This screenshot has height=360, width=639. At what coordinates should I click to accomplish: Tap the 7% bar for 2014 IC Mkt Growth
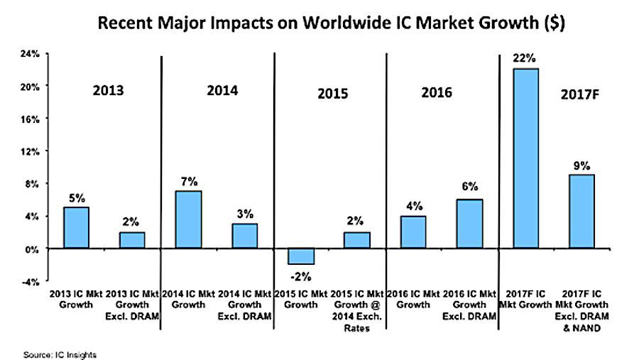[x=188, y=219]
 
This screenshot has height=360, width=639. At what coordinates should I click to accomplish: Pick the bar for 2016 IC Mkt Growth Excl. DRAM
[x=470, y=224]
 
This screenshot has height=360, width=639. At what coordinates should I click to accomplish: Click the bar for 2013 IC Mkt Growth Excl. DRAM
[x=132, y=240]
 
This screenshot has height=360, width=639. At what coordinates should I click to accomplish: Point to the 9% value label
[x=581, y=165]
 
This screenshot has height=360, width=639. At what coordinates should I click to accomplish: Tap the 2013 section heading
[x=108, y=91]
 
